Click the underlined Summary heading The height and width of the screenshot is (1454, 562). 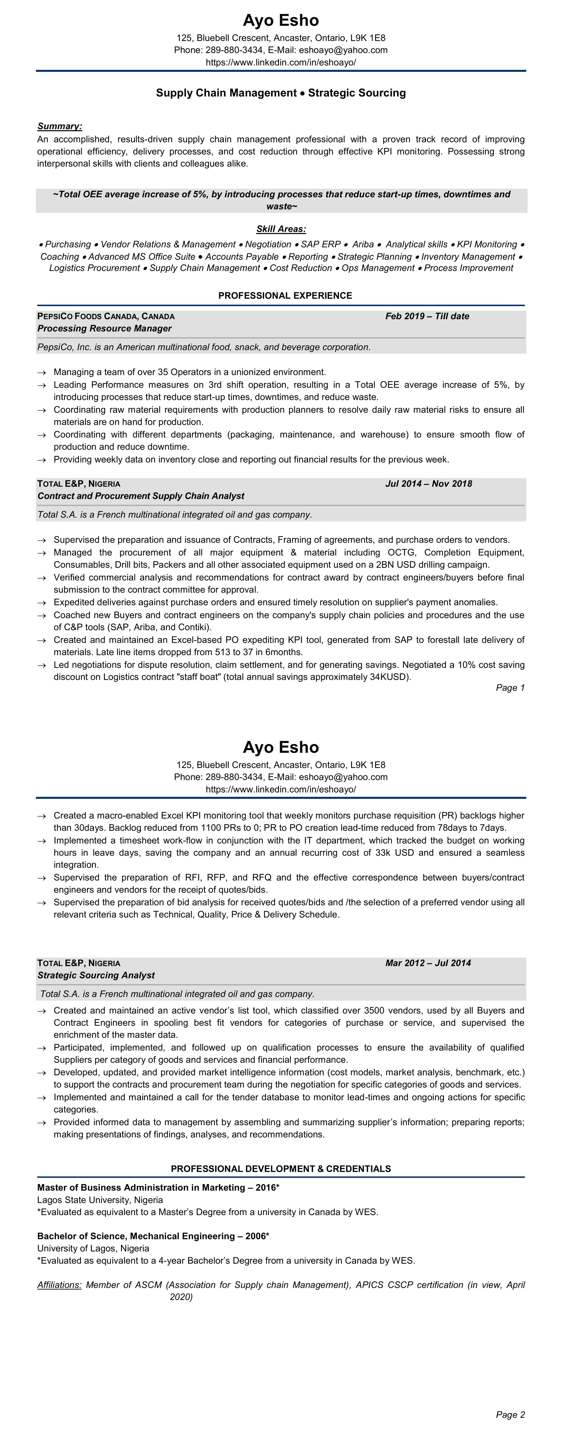[59, 127]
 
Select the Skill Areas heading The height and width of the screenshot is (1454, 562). [281, 229]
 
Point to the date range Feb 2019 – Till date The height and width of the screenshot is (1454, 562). [427, 316]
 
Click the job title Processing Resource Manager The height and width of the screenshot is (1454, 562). [104, 328]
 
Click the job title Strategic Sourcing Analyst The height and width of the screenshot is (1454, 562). [96, 976]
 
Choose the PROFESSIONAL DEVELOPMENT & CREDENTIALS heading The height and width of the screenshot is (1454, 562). [281, 1169]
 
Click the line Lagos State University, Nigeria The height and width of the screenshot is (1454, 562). [100, 1200]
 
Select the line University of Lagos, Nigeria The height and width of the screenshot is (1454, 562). [93, 1248]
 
